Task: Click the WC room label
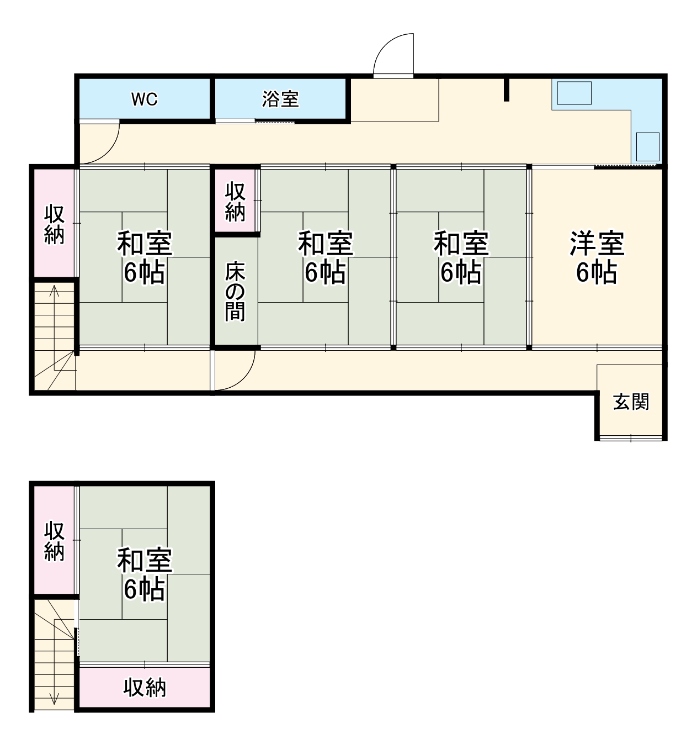point(144,99)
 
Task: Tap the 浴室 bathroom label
point(280,99)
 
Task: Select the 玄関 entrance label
point(631,402)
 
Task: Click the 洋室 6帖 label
point(597,258)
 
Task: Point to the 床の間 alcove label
point(235,291)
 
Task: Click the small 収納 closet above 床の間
point(235,202)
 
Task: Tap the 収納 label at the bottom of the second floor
point(145,688)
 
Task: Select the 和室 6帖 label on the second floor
point(145,574)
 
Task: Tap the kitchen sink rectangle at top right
point(574,93)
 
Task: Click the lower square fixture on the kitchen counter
point(647,146)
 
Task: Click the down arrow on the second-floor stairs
point(54,697)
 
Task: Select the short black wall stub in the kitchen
point(506,90)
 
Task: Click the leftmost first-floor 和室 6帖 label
point(145,258)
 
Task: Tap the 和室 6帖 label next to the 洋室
point(461,258)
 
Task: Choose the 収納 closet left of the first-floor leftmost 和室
point(54,224)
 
